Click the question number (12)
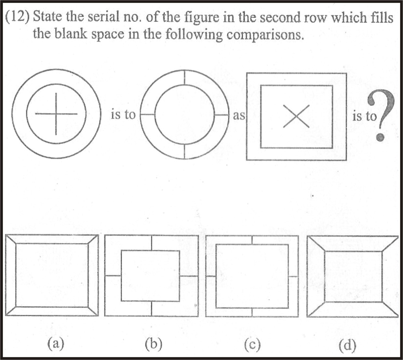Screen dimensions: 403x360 17,17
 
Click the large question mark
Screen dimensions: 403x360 381,116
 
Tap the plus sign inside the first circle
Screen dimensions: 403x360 56,114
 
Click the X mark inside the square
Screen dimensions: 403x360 296,116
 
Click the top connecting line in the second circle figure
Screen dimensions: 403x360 185,77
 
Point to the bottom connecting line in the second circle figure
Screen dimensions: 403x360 184,152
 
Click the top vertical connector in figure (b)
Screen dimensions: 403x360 152,243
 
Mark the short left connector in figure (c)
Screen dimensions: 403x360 211,276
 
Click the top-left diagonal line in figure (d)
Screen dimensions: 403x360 316,244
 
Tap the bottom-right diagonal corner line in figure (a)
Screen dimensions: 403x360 93,311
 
